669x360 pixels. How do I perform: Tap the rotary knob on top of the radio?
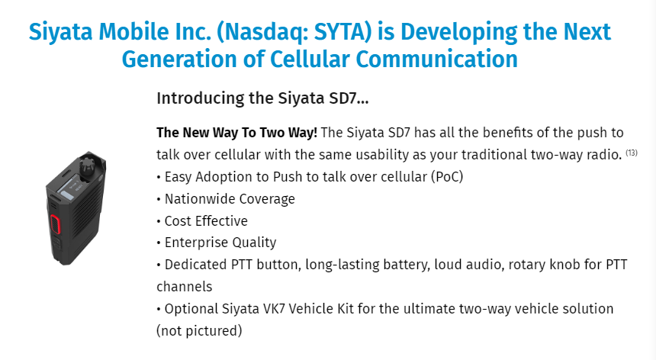point(88,165)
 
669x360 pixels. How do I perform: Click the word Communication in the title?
point(436,59)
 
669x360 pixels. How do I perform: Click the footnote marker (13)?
point(632,153)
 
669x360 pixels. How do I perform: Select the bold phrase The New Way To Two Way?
point(236,133)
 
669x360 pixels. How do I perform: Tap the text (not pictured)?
point(199,330)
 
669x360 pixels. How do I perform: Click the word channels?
point(185,286)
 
